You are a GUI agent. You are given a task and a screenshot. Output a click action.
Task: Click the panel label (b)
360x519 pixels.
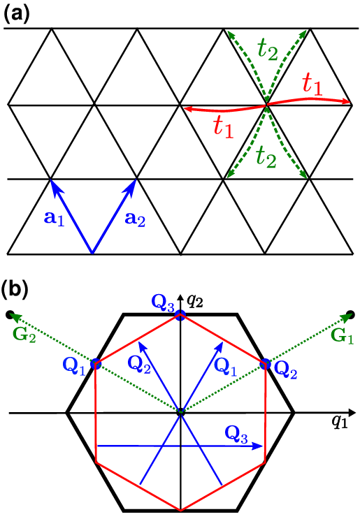16,289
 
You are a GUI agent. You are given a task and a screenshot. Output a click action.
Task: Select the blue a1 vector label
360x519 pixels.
54,219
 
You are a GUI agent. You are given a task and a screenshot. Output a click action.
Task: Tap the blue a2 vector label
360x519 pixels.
135,219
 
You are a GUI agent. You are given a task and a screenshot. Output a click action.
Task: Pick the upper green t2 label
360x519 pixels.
268,50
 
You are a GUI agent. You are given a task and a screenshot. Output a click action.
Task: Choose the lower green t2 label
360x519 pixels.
266,156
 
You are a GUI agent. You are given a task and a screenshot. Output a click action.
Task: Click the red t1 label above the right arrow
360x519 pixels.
312,85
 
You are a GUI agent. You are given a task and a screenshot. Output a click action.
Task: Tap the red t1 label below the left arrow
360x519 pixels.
223,126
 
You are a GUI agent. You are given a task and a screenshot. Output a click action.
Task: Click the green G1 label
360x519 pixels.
343,336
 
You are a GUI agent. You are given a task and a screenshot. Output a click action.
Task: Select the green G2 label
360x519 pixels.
24,335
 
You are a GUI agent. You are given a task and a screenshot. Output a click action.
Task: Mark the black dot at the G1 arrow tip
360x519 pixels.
350,314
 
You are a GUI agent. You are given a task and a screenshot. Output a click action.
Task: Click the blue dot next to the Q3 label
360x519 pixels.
180,316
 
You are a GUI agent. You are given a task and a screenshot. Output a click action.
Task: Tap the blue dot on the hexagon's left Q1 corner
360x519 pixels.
96,363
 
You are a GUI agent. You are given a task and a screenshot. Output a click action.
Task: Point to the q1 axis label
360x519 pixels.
340,423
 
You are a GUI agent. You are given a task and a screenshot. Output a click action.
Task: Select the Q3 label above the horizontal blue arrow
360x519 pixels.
236,434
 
